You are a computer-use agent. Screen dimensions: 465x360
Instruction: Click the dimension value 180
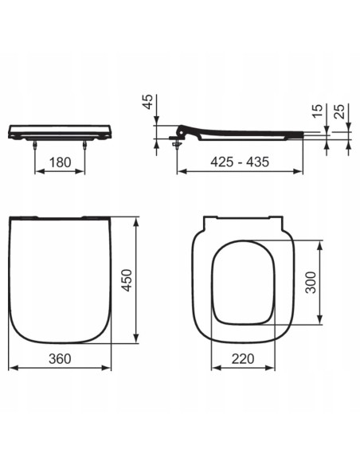tap(59, 162)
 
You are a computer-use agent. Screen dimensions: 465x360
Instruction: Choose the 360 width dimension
tap(59, 359)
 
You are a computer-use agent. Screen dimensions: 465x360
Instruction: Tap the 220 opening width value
tap(240, 359)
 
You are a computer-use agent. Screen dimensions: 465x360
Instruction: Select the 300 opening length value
tap(311, 281)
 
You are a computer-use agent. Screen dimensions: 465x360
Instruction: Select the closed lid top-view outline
tap(60, 279)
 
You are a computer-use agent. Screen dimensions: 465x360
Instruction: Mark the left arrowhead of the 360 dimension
tap(10, 369)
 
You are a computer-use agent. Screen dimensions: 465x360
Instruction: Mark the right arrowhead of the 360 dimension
tap(110, 369)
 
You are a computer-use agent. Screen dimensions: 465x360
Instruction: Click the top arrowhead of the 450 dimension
tap(140, 217)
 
